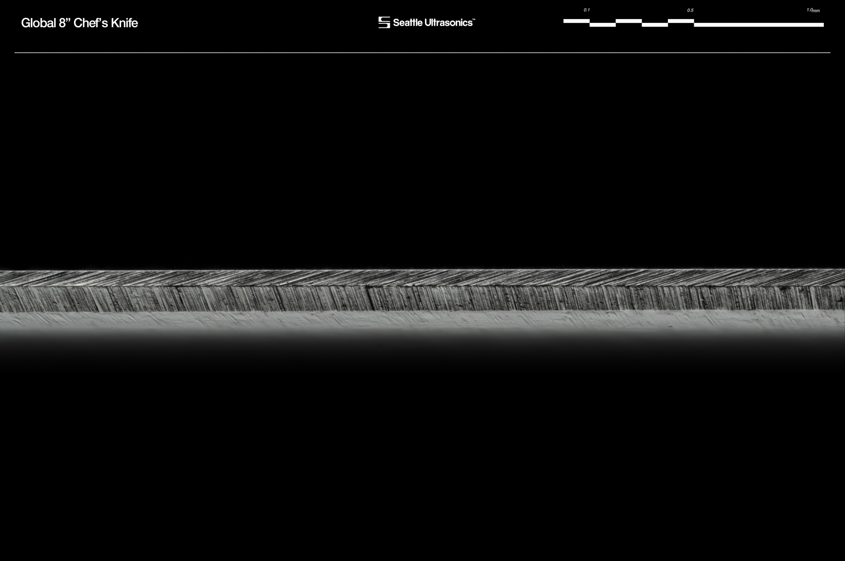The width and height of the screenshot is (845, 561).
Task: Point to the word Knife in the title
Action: click(124, 23)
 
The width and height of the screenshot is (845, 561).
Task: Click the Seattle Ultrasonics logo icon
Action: click(384, 22)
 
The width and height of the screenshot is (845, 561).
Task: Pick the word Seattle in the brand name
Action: click(408, 23)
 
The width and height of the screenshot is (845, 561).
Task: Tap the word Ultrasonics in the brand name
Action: click(448, 23)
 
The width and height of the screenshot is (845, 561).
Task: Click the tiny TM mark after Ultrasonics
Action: click(474, 19)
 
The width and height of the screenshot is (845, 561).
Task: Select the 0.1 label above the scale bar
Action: click(586, 10)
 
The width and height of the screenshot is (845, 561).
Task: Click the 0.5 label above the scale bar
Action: click(690, 10)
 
